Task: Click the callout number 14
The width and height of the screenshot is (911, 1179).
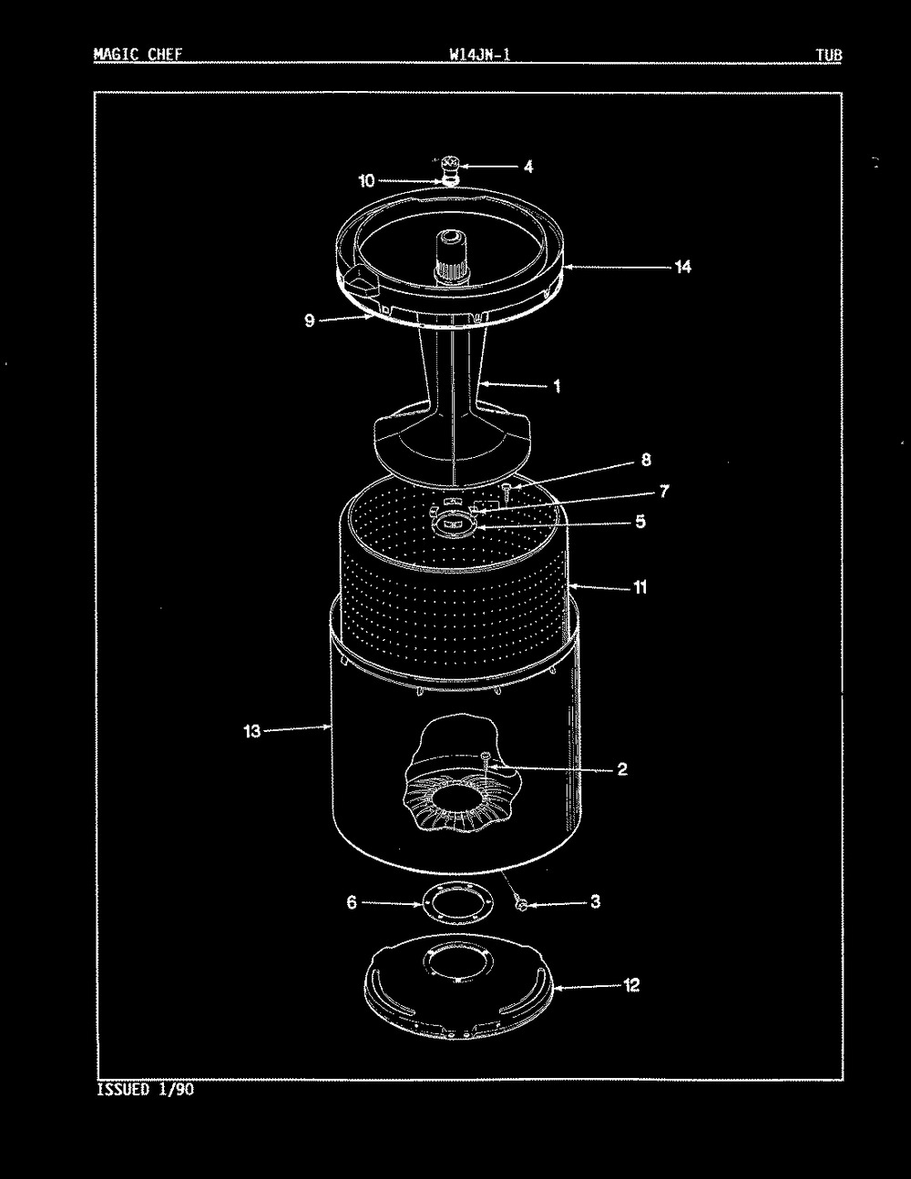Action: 682,267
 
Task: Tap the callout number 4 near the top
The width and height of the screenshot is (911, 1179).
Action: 528,167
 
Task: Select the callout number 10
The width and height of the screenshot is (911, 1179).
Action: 367,180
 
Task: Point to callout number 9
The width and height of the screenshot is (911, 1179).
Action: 310,320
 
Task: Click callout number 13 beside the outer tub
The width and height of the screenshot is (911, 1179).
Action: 252,731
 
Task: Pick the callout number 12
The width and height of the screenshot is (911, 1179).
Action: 631,985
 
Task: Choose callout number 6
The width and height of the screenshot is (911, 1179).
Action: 352,902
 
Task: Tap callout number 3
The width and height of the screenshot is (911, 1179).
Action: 596,901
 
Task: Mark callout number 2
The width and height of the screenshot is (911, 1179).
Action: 622,768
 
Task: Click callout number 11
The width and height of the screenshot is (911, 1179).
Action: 640,587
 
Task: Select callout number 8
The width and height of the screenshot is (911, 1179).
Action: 646,460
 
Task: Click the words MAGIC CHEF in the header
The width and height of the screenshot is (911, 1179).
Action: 138,55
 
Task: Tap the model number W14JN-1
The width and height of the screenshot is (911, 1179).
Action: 479,55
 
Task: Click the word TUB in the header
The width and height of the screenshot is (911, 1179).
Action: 829,55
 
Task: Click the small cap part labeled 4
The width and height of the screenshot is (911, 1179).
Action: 450,165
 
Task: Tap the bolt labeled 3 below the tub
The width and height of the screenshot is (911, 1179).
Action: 522,904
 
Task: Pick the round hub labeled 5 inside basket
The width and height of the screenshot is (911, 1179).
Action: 454,524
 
